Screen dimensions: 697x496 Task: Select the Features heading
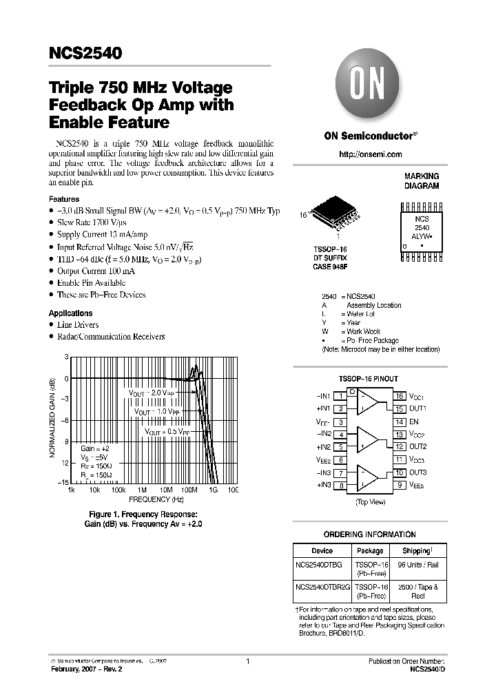[64, 199]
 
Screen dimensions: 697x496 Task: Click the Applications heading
[70, 313]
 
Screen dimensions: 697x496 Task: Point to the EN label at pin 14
[414, 422]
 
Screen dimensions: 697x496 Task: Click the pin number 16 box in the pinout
[399, 397]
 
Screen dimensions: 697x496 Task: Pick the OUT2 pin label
[418, 447]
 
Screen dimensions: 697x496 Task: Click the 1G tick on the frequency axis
[213, 490]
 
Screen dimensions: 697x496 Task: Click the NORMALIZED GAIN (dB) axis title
[53, 418]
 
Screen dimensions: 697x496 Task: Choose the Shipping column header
[417, 551]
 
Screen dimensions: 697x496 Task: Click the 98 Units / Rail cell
[418, 565]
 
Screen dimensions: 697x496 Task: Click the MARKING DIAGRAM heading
[422, 181]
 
